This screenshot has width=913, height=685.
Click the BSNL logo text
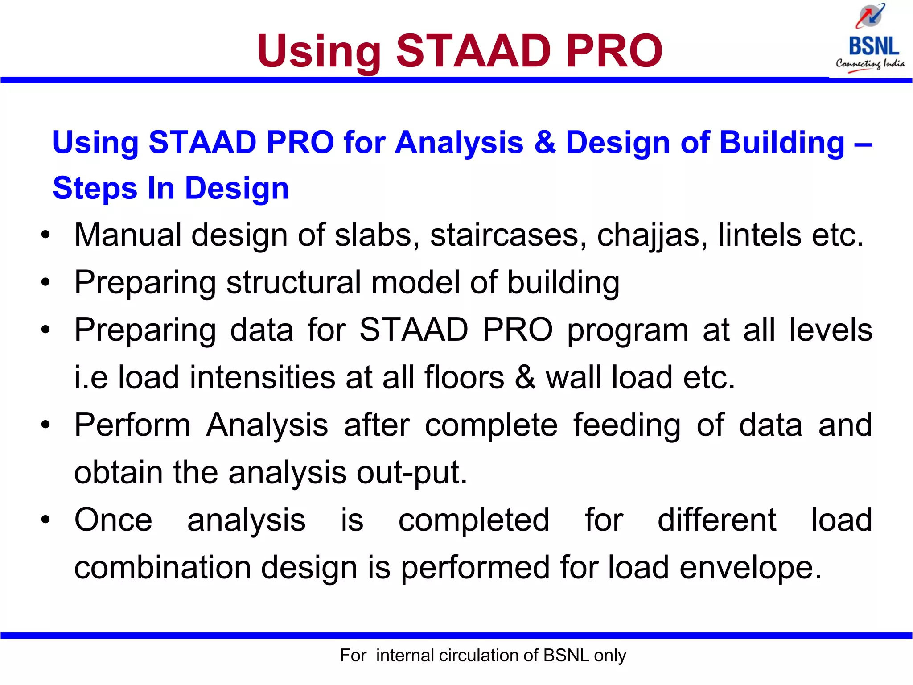[873, 46]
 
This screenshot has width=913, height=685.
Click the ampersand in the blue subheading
[544, 143]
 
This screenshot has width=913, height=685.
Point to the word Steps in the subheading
[95, 188]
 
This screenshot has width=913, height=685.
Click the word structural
[293, 283]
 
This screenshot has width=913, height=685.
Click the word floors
[464, 377]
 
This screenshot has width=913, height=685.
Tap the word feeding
[626, 425]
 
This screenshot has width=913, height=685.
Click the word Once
[113, 520]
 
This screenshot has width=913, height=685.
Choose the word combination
[162, 568]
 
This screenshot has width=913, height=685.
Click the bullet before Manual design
[45, 235]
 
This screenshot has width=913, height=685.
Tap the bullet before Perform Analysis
[45, 425]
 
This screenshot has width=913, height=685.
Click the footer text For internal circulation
[483, 656]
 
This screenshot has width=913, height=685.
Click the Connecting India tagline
[870, 64]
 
